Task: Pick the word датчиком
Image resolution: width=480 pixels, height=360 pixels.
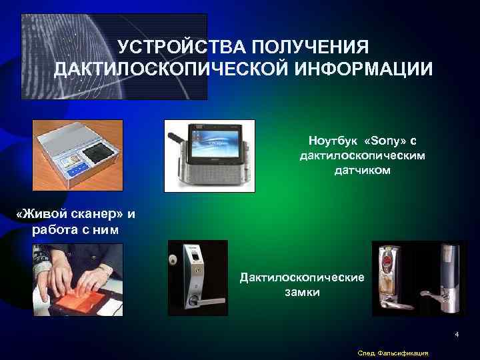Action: [363, 171]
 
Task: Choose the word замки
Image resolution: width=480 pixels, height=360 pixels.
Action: [302, 292]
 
